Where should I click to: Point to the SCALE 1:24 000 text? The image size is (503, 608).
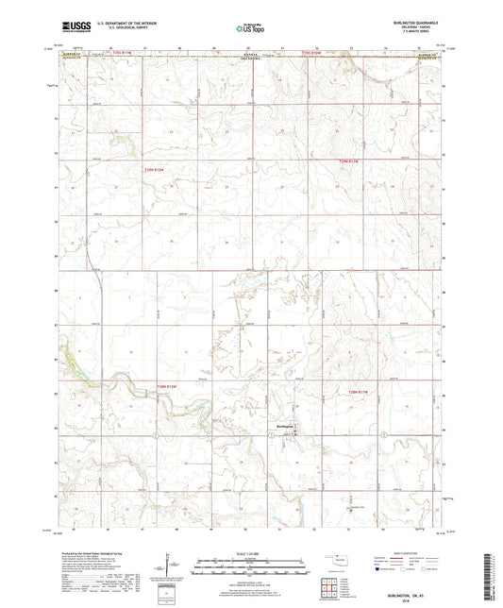click(251, 552)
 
